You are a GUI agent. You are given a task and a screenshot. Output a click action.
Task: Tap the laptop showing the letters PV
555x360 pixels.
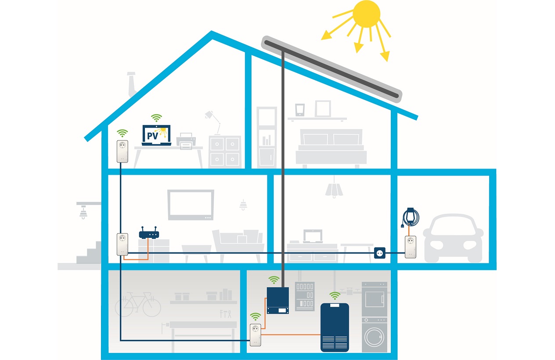click(x=156, y=136)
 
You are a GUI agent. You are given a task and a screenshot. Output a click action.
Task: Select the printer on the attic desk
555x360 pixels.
click(x=185, y=141)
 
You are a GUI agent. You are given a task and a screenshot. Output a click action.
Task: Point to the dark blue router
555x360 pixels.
click(x=149, y=234)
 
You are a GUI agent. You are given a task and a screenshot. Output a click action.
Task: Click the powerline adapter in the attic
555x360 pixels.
click(x=123, y=151)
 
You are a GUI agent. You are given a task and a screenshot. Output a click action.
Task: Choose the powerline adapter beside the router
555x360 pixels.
click(x=123, y=244)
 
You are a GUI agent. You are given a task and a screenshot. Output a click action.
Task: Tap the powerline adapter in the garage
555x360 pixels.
click(x=410, y=247)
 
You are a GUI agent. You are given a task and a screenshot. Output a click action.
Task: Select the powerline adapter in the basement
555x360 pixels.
click(x=256, y=335)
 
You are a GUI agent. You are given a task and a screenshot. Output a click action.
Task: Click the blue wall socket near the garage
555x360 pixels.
click(x=379, y=253)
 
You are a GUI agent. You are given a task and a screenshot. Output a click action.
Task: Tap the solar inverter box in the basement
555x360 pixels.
click(x=278, y=300)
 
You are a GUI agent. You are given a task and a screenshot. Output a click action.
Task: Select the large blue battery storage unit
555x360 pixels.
click(x=335, y=327)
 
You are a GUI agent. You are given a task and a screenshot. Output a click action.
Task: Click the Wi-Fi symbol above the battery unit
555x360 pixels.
click(x=335, y=295)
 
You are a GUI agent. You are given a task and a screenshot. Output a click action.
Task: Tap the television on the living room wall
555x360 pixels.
click(x=191, y=205)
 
